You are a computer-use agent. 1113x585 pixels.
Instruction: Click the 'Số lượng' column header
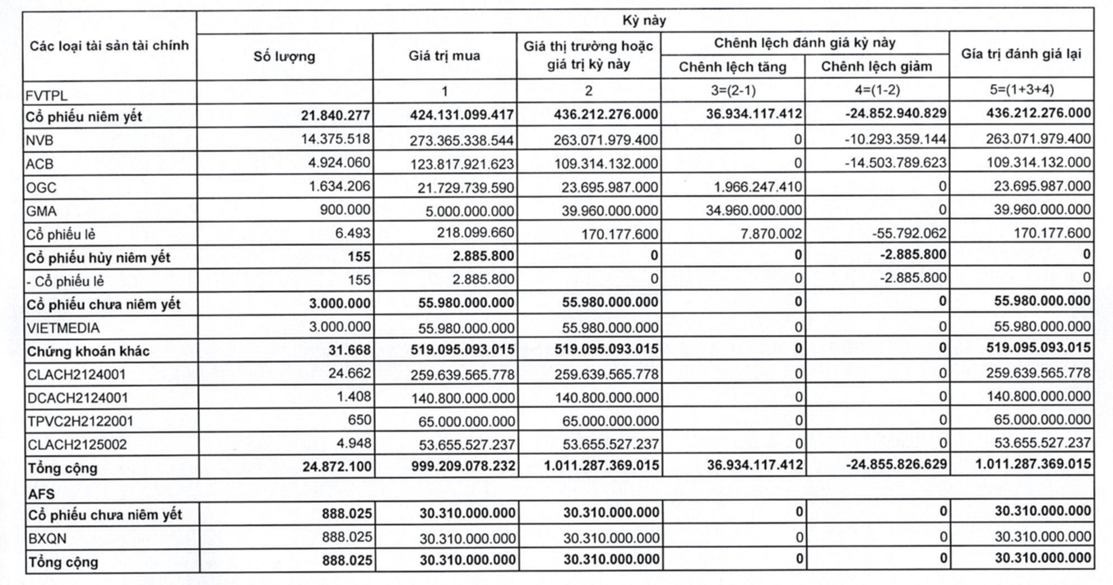284,57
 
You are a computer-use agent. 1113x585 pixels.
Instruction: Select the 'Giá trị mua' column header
444,57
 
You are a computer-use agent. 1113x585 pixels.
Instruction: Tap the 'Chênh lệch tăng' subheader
732,67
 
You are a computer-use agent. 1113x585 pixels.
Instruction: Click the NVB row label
40,140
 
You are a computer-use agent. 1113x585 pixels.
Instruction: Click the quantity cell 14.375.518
337,139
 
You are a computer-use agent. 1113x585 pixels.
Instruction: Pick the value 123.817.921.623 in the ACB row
461,164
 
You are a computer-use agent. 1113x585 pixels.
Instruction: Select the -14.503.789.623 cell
895,163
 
